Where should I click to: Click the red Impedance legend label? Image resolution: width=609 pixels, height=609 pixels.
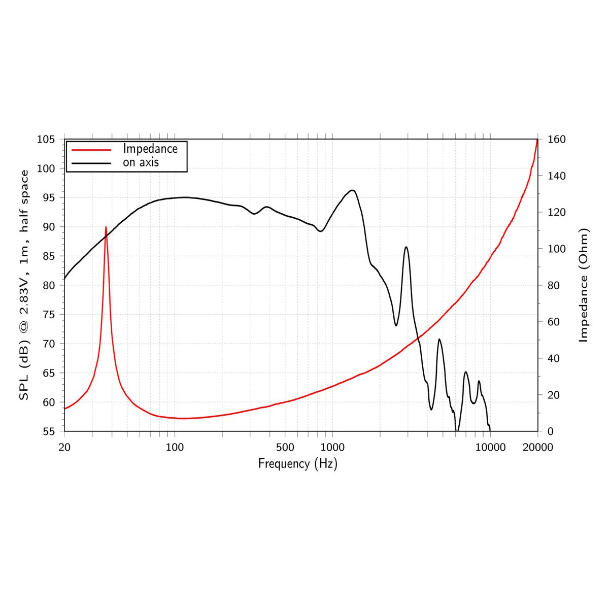(x=150, y=149)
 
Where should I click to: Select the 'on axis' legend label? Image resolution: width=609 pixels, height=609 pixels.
(x=141, y=162)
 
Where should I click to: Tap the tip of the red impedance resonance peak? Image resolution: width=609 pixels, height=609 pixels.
(x=106, y=227)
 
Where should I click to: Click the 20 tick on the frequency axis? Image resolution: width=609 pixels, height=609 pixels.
(x=64, y=447)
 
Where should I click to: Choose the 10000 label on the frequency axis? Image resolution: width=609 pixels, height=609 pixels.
(x=490, y=447)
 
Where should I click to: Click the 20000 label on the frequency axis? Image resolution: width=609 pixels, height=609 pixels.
(x=537, y=447)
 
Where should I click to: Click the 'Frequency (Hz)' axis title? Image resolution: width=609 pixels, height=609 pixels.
(x=297, y=464)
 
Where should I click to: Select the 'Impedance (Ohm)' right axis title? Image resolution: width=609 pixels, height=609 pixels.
(x=584, y=285)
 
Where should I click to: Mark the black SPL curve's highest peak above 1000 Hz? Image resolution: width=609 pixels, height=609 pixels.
(x=352, y=190)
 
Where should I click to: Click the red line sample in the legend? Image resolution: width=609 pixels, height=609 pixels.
(x=91, y=150)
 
